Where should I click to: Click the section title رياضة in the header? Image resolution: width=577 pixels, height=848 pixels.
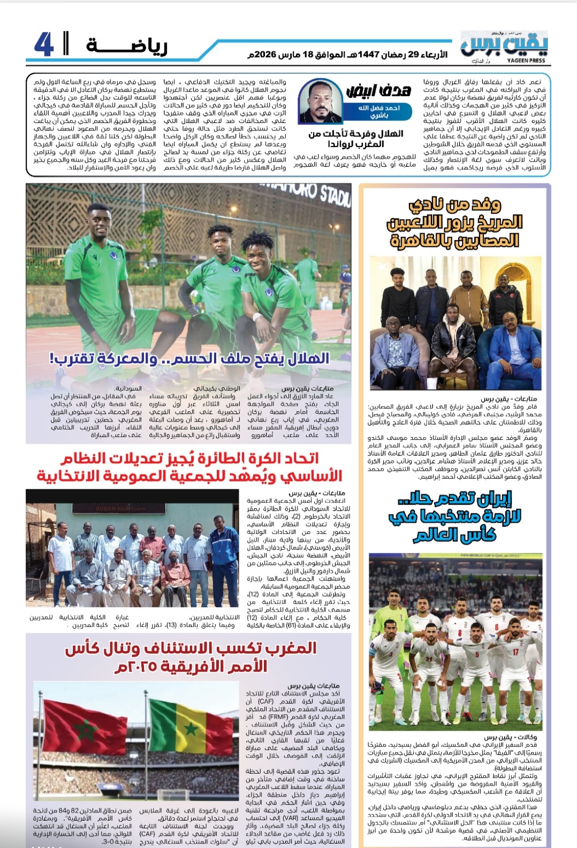(x=127, y=47)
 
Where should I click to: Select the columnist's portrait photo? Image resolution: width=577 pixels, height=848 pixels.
(x=320, y=101)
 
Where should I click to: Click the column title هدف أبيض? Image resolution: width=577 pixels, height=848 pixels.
(x=378, y=90)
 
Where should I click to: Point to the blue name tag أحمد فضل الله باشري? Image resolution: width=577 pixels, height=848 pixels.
(x=379, y=111)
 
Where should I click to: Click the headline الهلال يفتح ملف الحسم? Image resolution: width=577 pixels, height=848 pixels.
(x=189, y=358)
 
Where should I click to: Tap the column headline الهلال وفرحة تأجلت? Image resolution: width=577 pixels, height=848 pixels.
(x=355, y=139)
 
